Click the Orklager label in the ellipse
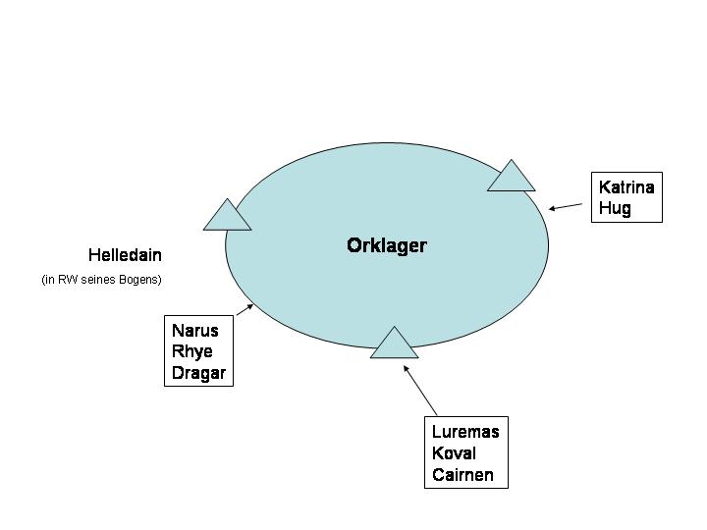tap(386, 245)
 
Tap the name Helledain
tap(125, 255)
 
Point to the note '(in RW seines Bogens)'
tap(101, 280)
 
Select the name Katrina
tap(625, 187)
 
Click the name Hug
tap(615, 208)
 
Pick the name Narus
tap(194, 331)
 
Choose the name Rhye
tap(191, 351)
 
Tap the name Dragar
tap(198, 373)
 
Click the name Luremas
tap(465, 432)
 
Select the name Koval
tap(454, 453)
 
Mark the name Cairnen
tap(462, 475)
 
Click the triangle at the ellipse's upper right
tap(512, 178)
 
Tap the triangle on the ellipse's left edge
tap(227, 217)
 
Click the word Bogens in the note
tap(139, 280)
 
